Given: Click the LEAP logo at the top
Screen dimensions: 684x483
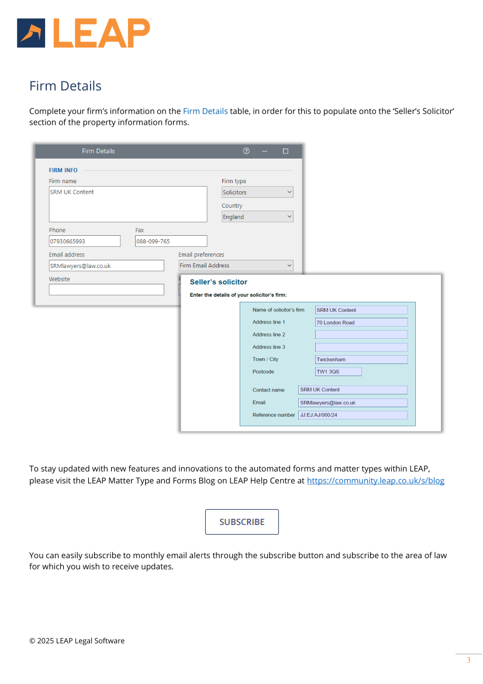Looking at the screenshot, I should (x=84, y=33).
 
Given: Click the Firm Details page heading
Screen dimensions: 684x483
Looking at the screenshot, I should (x=65, y=86).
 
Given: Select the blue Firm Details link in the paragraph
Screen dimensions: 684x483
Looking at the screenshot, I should (x=205, y=111).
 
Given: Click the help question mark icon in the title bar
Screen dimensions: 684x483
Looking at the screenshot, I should (x=246, y=151).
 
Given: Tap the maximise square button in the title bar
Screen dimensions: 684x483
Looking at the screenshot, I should (x=285, y=151).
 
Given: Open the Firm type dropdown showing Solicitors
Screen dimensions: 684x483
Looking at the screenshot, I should (x=257, y=193).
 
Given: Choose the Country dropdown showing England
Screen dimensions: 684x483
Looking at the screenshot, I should (x=257, y=217).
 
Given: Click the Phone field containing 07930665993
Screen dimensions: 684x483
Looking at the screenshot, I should (x=84, y=241).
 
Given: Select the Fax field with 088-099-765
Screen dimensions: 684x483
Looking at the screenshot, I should (x=171, y=241).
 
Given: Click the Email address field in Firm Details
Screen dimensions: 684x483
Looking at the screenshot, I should (x=106, y=266).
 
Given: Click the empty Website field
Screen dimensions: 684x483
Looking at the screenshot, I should (x=106, y=290).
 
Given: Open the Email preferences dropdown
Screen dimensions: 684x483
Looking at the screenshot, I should (x=236, y=266).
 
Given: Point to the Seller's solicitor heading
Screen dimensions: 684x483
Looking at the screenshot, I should (x=219, y=282).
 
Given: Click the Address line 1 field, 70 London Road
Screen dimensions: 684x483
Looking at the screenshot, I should (x=361, y=322).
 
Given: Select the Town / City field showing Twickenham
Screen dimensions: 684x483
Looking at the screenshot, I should (x=361, y=359).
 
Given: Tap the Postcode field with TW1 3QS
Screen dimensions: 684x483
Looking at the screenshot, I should (x=338, y=372).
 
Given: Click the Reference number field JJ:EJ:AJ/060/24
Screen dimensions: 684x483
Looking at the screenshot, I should (x=353, y=415).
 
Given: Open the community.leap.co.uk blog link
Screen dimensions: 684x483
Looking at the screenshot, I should (x=375, y=481).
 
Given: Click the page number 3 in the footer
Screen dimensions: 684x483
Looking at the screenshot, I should (x=468, y=661).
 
